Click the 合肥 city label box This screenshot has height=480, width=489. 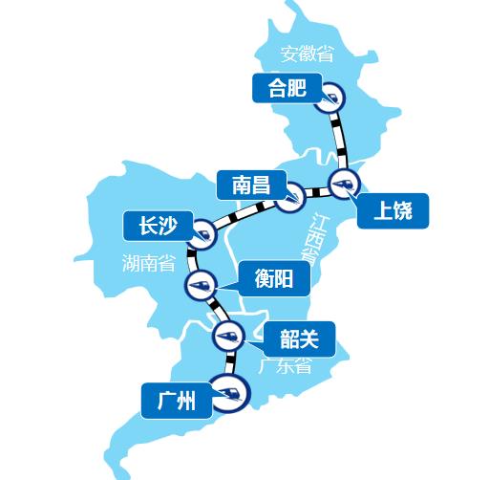(282, 88)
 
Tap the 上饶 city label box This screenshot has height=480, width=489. (393, 211)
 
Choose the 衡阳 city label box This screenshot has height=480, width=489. (273, 278)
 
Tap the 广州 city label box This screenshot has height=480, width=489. (175, 401)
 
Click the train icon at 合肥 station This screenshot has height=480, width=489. (330, 97)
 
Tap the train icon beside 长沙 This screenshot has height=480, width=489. (202, 232)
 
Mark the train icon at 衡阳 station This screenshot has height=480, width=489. (202, 284)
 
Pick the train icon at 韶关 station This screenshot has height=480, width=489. (228, 335)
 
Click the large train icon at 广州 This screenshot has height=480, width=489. (229, 391)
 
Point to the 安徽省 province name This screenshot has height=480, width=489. (308, 54)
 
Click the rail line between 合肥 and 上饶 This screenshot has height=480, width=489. (338, 139)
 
